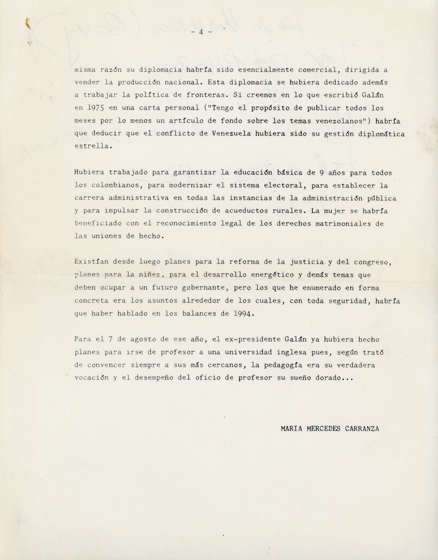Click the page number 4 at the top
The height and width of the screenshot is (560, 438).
pos(201,32)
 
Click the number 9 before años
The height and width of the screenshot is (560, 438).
pos(322,173)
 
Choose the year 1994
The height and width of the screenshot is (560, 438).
pos(241,314)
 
